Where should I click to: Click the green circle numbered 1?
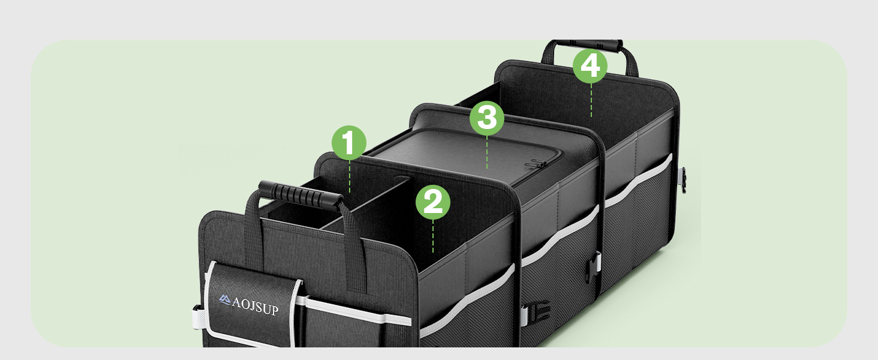tap(349, 142)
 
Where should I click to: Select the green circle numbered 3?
tap(486, 117)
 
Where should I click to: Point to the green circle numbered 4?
tap(590, 65)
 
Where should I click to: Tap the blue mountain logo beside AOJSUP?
tap(225, 297)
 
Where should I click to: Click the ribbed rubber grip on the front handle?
tap(297, 194)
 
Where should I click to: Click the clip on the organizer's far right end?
tap(682, 179)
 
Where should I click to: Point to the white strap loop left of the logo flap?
tap(199, 317)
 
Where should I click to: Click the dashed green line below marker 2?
tap(432, 235)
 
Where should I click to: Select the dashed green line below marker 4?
tap(591, 100)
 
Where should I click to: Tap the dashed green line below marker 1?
tap(349, 176)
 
